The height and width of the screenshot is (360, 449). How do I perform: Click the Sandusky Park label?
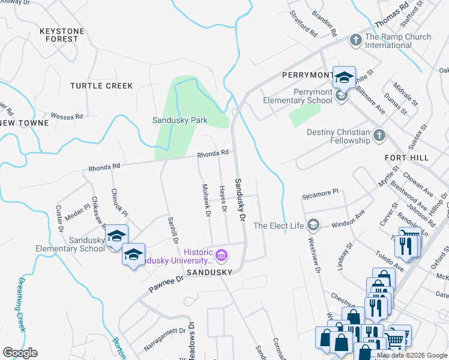pos(179,120)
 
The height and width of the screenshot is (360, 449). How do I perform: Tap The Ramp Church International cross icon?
pos(356,41)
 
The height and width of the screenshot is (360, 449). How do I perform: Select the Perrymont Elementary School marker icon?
pos(342,96)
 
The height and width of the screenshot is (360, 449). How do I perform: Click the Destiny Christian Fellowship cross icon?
pos(379,136)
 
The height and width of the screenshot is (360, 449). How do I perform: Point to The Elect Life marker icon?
pos(313,226)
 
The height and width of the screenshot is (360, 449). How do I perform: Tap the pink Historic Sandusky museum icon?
pos(221,256)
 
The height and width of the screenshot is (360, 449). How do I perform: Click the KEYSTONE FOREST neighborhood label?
pos(59,34)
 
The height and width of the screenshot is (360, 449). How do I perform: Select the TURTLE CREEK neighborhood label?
pos(101,86)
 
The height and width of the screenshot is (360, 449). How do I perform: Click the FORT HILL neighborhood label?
pos(406,157)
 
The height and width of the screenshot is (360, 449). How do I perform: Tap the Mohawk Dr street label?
pos(206,200)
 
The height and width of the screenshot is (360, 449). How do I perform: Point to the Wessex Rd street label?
pos(67,115)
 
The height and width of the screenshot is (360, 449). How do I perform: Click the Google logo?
pos(20,353)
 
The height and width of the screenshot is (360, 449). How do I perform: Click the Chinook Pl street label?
pos(119,203)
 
